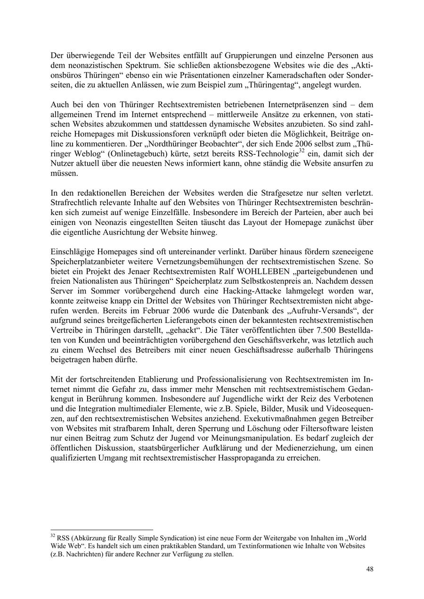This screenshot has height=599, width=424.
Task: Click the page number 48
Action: tap(370, 569)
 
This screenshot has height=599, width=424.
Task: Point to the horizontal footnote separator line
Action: tap(101, 530)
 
